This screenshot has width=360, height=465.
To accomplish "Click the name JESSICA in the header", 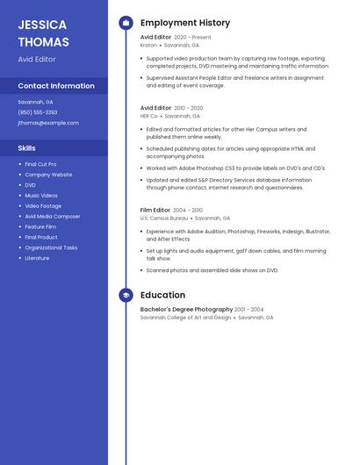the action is [x=41, y=24].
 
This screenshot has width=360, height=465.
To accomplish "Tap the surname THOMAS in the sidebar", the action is [x=43, y=40].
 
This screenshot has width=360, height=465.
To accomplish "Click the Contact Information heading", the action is [x=56, y=86].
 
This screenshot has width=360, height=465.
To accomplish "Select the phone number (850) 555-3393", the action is [x=38, y=112].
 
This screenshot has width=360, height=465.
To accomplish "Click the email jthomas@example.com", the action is [x=48, y=123].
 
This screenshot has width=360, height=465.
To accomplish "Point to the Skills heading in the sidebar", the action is [x=27, y=148].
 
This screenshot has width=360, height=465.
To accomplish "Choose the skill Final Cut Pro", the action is [x=40, y=164].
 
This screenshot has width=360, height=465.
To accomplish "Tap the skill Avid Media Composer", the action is [x=53, y=216].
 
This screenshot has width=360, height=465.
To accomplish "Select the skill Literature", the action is [x=37, y=258].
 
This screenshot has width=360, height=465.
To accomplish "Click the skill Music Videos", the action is [x=41, y=196].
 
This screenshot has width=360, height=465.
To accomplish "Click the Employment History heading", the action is [x=185, y=23].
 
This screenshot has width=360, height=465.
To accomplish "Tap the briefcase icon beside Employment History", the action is [x=126, y=23].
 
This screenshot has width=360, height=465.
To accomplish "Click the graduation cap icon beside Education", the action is [x=126, y=296].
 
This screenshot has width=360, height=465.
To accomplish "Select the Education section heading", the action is [x=162, y=296].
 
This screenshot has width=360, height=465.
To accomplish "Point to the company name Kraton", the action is [x=148, y=45].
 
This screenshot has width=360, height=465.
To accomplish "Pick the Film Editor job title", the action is [x=155, y=211].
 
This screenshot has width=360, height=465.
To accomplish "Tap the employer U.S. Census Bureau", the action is [x=164, y=218].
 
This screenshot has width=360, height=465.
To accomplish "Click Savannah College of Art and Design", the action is [x=185, y=318].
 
